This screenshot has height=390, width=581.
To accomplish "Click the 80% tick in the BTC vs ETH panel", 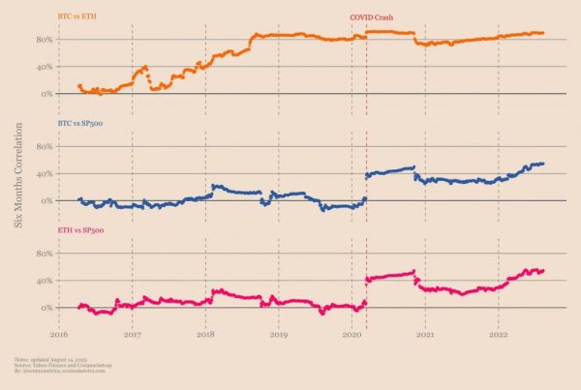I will pos(43,40).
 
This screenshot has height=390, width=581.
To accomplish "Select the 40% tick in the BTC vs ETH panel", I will pos(43,67).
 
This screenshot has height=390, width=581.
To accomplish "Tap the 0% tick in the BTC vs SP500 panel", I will pos(45,200).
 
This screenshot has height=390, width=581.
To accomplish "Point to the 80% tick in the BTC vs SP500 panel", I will pos(43,147).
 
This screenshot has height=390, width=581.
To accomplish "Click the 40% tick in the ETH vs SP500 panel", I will pos(43,281).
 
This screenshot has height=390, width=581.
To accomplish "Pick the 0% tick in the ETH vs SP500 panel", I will pos(45,308).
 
